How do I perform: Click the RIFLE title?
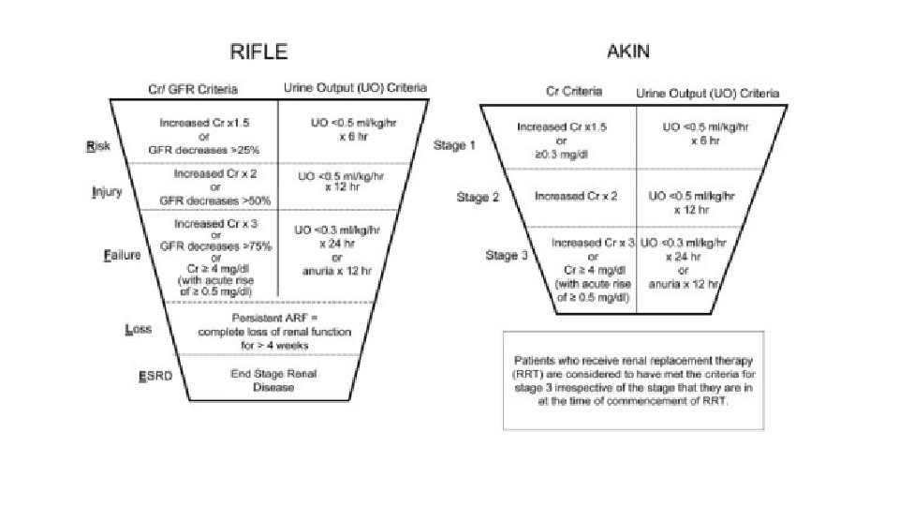click(x=260, y=51)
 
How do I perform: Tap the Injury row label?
click(x=108, y=192)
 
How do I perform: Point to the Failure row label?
click(x=122, y=255)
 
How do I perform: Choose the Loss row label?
click(x=139, y=329)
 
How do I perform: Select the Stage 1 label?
click(x=455, y=146)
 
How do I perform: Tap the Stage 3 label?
click(x=507, y=256)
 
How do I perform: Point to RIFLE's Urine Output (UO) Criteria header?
click(x=355, y=88)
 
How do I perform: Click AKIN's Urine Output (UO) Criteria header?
click(x=707, y=93)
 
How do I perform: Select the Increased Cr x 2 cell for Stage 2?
click(x=575, y=197)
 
